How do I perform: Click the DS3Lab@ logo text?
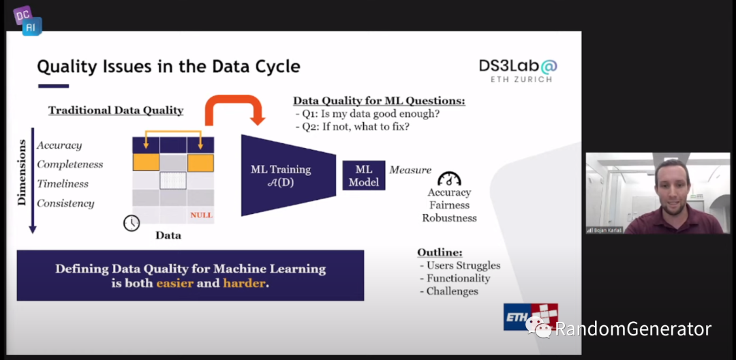click(x=518, y=66)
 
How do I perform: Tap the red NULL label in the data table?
click(x=201, y=215)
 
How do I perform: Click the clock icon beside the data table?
click(x=132, y=223)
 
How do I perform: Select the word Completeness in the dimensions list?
click(x=70, y=164)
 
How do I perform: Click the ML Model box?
click(x=364, y=175)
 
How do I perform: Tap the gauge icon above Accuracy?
click(x=449, y=179)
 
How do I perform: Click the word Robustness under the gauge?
click(x=449, y=218)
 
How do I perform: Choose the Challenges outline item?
click(x=452, y=291)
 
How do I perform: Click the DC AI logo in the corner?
click(x=27, y=20)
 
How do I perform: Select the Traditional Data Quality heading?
click(x=116, y=110)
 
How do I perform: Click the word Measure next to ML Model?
click(x=410, y=170)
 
